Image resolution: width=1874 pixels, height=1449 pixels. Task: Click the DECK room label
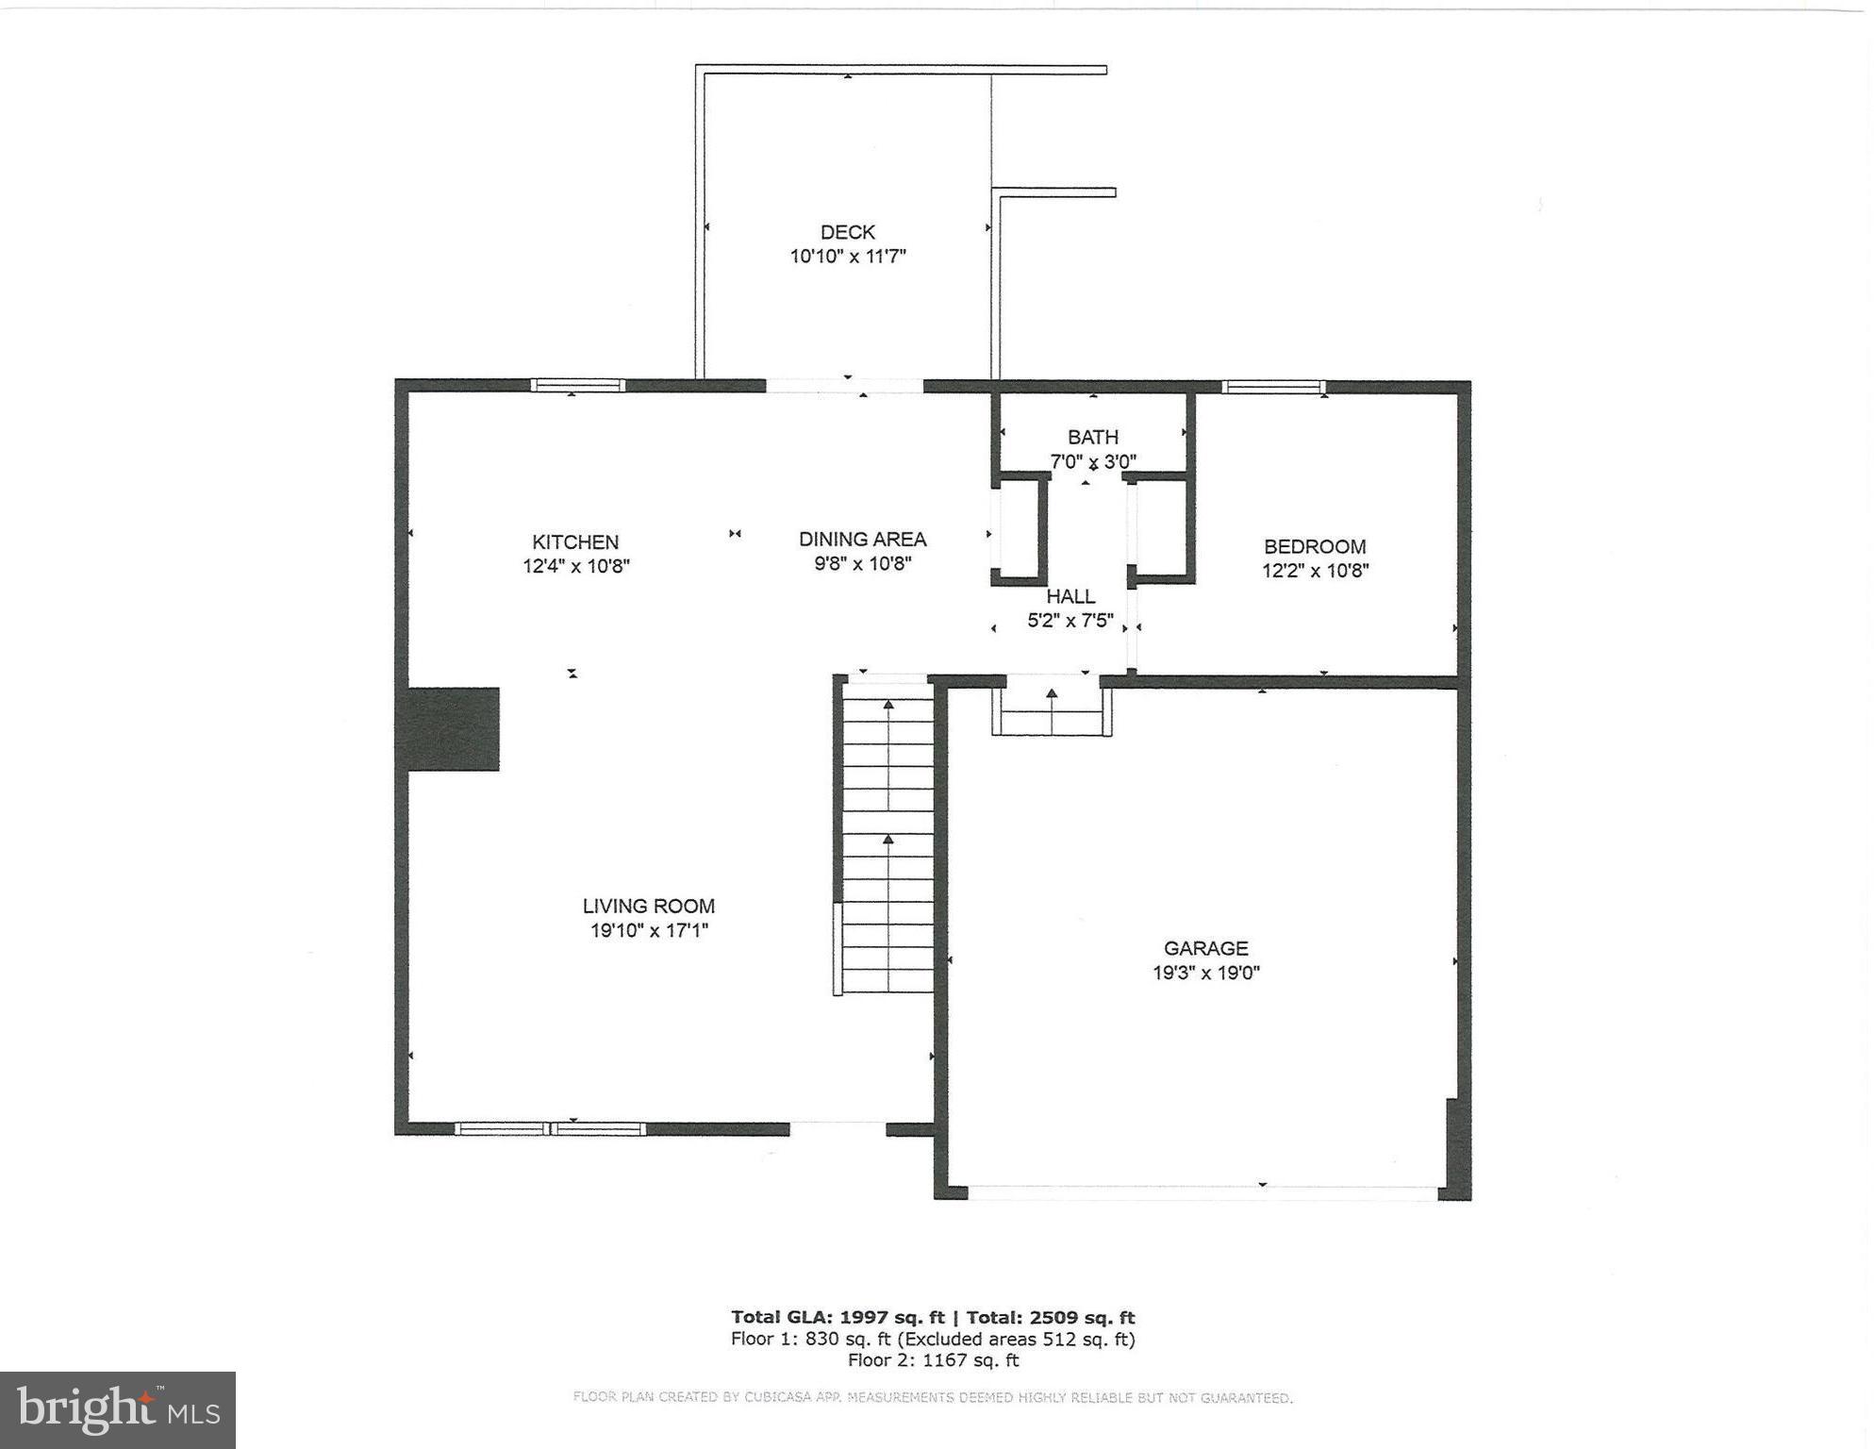click(x=847, y=232)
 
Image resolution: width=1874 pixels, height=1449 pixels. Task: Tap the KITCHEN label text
click(x=575, y=542)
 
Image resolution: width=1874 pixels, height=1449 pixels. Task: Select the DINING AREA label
click(x=862, y=540)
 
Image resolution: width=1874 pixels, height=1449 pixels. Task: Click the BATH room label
click(x=1093, y=438)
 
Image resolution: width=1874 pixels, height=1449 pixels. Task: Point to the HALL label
click(x=1070, y=597)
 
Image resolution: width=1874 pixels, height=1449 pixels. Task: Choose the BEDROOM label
click(x=1315, y=547)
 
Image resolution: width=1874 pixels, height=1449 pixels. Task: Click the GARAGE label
click(x=1205, y=949)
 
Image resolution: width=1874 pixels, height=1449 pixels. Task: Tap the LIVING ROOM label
click(x=648, y=907)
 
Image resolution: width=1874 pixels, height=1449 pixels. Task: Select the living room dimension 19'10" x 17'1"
click(x=648, y=931)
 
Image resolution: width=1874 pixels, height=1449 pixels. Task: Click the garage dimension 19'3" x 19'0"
click(x=1205, y=974)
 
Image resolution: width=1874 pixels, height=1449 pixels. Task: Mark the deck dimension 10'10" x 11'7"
click(x=847, y=257)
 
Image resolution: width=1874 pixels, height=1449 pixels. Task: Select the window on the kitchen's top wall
click(x=577, y=386)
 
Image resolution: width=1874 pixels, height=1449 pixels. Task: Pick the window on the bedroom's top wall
click(x=1273, y=387)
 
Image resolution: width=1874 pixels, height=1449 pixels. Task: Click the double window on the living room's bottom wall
click(x=550, y=1129)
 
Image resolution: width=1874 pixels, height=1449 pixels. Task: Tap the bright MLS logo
click(x=118, y=1410)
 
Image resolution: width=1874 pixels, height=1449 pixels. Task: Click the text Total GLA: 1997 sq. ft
click(x=837, y=1318)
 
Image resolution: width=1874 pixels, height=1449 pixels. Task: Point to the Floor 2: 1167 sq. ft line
click(x=933, y=1360)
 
